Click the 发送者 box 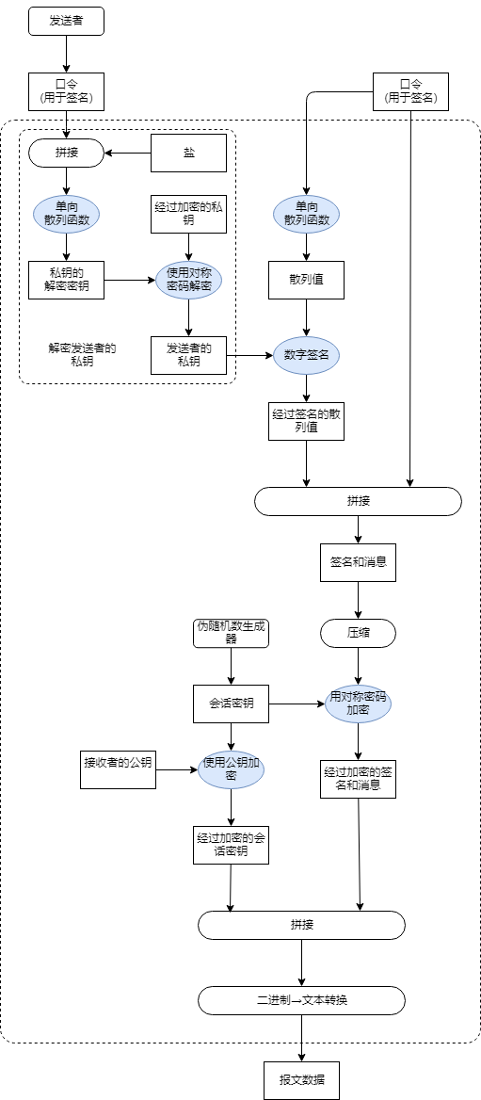tap(66, 21)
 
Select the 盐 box tap(189, 153)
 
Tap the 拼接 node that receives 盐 tap(66, 153)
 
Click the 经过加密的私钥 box tap(189, 214)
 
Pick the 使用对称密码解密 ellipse tap(189, 280)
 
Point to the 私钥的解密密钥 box tap(66, 280)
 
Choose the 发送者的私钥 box tap(189, 355)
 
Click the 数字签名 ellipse tap(306, 355)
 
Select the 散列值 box tap(306, 280)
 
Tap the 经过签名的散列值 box tap(306, 421)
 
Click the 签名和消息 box tap(358, 562)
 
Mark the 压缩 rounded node tap(358, 633)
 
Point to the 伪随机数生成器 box tap(231, 633)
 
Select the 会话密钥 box tap(231, 704)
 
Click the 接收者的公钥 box tap(118, 769)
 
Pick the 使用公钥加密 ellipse tap(231, 769)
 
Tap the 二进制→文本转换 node tap(301, 999)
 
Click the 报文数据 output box tap(301, 1080)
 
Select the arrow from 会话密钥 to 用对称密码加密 tap(297, 704)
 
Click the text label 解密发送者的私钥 tap(82, 354)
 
